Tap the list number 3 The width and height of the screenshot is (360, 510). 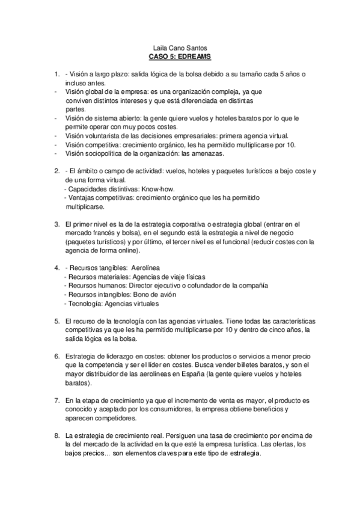tap(56, 224)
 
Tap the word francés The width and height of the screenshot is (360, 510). tap(109, 233)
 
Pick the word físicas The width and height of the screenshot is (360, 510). tap(177, 277)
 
